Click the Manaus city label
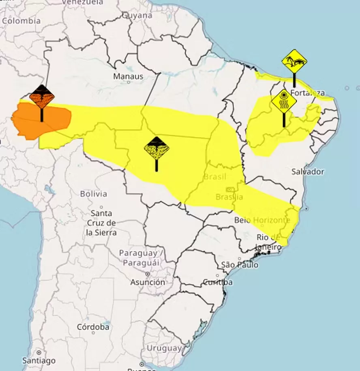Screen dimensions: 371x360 coord(128,76)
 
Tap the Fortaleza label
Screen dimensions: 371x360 coord(307,92)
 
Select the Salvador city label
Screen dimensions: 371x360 coord(308,172)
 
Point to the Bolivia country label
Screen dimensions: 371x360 coord(93,194)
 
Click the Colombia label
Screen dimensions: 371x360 coord(21,21)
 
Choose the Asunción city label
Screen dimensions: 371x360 coord(148,282)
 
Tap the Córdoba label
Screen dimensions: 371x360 coord(93,326)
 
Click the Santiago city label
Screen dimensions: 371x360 coord(39,360)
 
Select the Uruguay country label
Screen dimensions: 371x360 coord(164,348)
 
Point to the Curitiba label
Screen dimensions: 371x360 coord(218,282)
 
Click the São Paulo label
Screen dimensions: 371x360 coord(240,265)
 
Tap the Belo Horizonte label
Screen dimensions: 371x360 coord(262,220)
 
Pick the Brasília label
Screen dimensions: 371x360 coord(229,197)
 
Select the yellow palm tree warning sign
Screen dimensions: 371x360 coord(294,62)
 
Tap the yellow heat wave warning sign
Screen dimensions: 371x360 coord(284,101)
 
